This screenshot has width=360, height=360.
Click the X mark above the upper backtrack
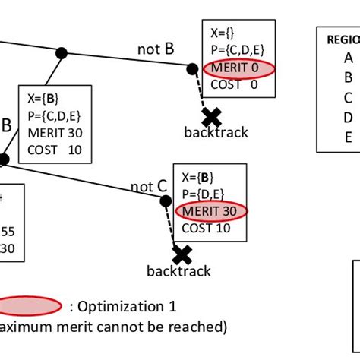(211, 116)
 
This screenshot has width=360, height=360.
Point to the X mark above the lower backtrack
(182, 253)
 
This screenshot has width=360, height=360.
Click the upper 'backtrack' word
(216, 132)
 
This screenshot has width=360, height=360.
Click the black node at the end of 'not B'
(191, 68)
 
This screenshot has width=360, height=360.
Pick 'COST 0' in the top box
(232, 85)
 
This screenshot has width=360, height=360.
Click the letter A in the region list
(348, 57)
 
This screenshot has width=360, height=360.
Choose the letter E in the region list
(348, 137)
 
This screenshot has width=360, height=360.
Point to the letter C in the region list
(348, 96)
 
